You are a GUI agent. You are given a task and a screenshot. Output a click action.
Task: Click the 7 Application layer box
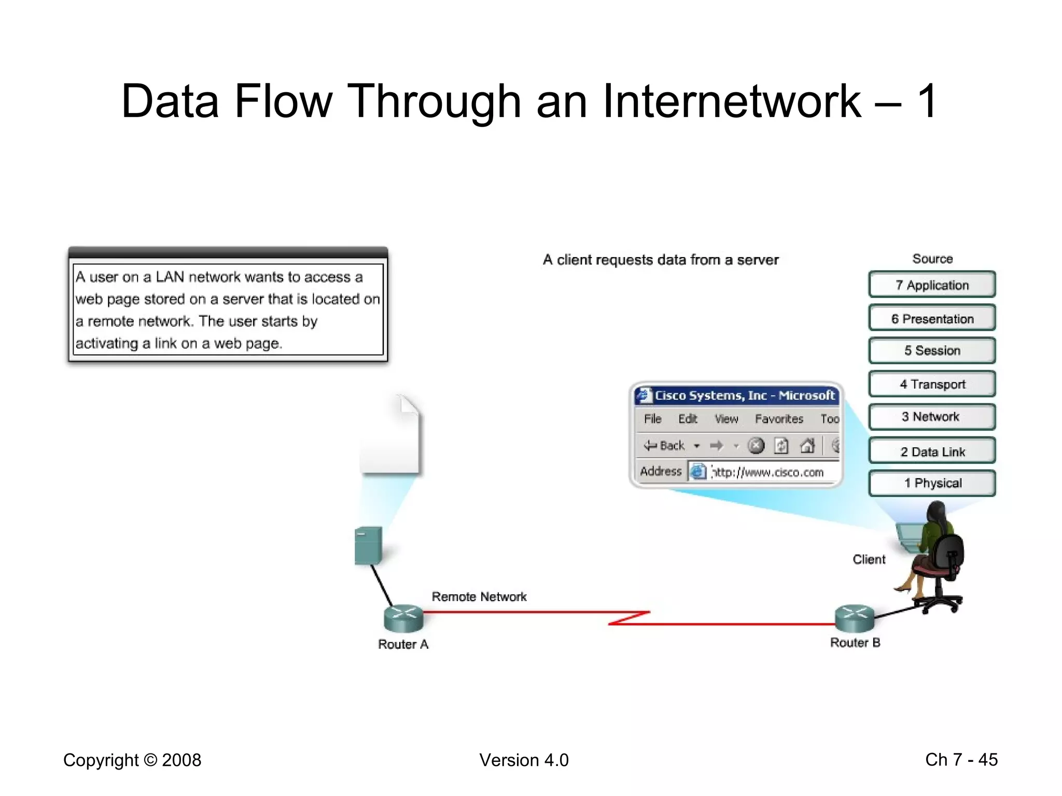point(932,285)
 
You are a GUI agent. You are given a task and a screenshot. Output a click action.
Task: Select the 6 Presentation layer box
point(932,318)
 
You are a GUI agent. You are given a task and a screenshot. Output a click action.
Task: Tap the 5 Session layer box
point(932,350)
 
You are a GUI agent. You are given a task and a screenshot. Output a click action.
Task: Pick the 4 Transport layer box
point(932,384)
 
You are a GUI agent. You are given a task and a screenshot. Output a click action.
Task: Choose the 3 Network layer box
point(932,417)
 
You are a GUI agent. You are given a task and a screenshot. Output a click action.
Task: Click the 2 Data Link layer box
point(932,451)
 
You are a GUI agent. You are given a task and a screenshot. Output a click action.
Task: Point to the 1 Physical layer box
point(932,483)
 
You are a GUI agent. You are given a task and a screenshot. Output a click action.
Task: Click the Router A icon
point(403,618)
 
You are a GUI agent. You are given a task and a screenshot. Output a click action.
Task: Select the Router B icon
point(855,618)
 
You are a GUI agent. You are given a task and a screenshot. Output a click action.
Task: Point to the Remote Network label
point(479,596)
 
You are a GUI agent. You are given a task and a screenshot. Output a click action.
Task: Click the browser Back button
point(665,445)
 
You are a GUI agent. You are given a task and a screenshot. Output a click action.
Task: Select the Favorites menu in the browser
point(779,419)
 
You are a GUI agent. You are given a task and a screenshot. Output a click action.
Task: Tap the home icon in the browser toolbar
point(807,445)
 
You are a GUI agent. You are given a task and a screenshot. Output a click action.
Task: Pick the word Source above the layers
point(932,259)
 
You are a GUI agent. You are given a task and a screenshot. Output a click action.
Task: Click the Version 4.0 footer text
point(524,760)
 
